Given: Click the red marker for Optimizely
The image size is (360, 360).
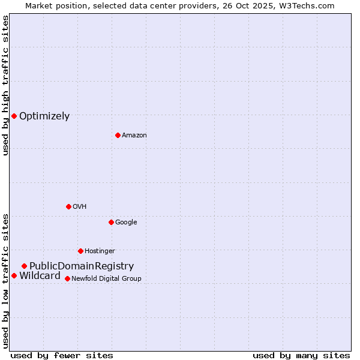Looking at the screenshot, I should [14, 116].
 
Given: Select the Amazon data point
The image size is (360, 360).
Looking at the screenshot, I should [118, 135].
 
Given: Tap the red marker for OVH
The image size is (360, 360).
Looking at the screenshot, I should [68, 206].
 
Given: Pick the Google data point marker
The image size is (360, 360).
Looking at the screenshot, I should [111, 222].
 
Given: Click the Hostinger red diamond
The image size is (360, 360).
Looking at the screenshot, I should [80, 251].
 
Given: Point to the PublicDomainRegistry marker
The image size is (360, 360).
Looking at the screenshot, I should [24, 266].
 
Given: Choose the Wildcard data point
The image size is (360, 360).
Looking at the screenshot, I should [14, 275].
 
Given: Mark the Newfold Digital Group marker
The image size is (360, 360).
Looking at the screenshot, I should [67, 278].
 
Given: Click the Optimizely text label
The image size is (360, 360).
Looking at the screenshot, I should [44, 116].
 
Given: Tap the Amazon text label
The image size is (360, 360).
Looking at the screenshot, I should [134, 136].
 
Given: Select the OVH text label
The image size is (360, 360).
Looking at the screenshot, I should [80, 207].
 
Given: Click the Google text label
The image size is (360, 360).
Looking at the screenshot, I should [126, 223].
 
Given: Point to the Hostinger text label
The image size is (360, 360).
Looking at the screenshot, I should [100, 251].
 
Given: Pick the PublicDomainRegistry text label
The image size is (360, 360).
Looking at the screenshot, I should [82, 266].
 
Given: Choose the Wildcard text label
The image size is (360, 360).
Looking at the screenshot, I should [40, 276].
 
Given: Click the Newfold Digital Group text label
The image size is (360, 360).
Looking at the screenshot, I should [106, 279].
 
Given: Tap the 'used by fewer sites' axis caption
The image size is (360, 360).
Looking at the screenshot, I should [62, 355].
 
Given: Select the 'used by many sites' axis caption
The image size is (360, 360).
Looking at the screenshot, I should [301, 355].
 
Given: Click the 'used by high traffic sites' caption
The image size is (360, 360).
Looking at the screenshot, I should [5, 86].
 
